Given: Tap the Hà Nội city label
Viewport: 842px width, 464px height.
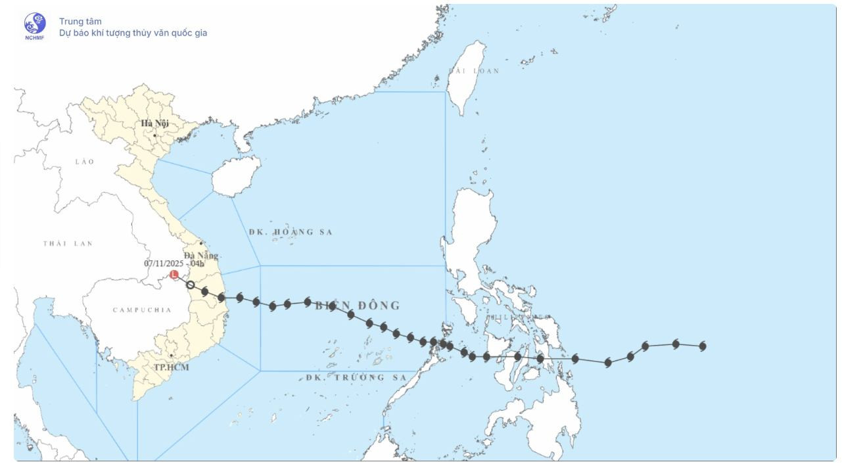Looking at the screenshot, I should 154,124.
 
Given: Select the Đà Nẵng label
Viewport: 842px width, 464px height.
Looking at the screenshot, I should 200,256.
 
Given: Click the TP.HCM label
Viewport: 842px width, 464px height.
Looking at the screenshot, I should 171,367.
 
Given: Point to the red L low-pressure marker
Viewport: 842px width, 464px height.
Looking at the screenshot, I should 174,275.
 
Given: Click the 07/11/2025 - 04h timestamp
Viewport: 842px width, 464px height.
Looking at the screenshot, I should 174,264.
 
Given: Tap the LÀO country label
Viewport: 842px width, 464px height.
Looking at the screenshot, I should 85,162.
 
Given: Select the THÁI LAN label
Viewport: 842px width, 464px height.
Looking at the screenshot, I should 68,244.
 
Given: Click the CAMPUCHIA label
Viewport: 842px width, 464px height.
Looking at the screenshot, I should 142,310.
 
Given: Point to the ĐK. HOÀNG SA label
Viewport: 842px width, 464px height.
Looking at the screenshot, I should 291,232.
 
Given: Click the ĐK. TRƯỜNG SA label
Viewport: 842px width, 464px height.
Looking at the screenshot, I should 356,378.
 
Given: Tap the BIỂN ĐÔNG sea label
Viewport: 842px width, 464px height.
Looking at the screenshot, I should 357,306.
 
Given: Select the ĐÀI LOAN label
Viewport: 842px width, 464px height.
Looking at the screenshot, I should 474,71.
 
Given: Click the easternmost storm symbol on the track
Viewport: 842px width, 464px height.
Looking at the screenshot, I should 703,346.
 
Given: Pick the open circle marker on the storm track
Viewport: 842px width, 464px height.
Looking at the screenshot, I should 190,285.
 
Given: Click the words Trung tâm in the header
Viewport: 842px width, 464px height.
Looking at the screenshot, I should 80,22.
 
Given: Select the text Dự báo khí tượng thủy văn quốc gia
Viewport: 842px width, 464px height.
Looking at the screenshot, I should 133,33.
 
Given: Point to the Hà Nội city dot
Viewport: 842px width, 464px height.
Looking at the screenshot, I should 155,135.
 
